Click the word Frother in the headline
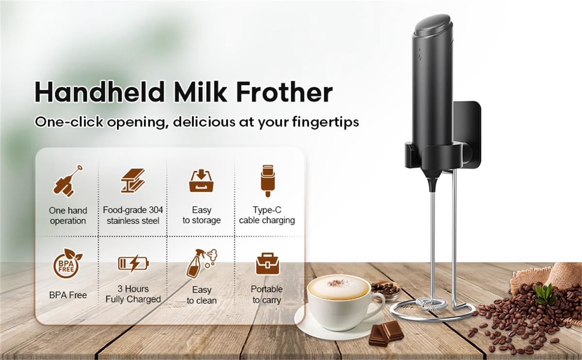(x=285, y=92)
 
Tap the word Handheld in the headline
(x=100, y=92)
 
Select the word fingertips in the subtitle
(x=325, y=122)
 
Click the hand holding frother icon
(x=68, y=181)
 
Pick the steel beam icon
(x=133, y=180)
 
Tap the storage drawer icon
(x=201, y=181)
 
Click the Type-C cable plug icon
(x=267, y=180)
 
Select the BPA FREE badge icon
(x=67, y=263)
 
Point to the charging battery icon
(x=133, y=263)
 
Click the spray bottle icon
(x=202, y=263)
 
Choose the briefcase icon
(x=267, y=263)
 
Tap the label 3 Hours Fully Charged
(x=133, y=294)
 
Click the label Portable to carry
(x=267, y=295)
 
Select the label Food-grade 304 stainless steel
(x=133, y=215)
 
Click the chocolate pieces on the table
(x=386, y=333)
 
